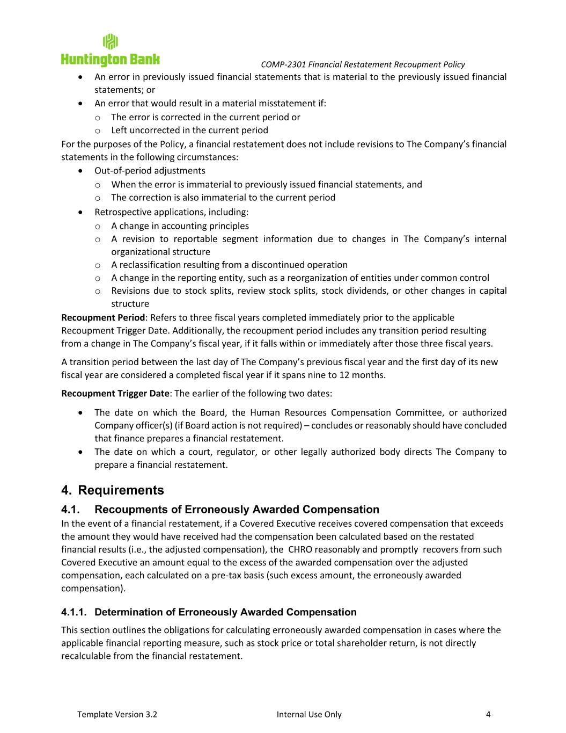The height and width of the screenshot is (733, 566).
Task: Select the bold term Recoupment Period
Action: click(x=103, y=318)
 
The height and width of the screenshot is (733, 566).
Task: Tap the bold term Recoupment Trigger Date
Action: click(x=115, y=394)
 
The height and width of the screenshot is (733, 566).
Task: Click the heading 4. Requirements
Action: click(x=113, y=490)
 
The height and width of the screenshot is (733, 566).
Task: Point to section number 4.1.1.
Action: click(x=75, y=612)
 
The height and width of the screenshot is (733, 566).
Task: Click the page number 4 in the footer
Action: click(x=488, y=714)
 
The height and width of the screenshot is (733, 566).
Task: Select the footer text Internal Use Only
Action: click(x=309, y=714)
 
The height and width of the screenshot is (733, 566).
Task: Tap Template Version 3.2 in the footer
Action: click(x=117, y=714)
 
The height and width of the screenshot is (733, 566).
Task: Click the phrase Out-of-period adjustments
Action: click(x=150, y=171)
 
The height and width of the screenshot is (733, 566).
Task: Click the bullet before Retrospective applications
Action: click(x=80, y=212)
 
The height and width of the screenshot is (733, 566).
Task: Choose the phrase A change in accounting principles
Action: click(x=180, y=226)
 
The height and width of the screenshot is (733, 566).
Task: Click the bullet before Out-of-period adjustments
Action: click(x=80, y=171)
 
